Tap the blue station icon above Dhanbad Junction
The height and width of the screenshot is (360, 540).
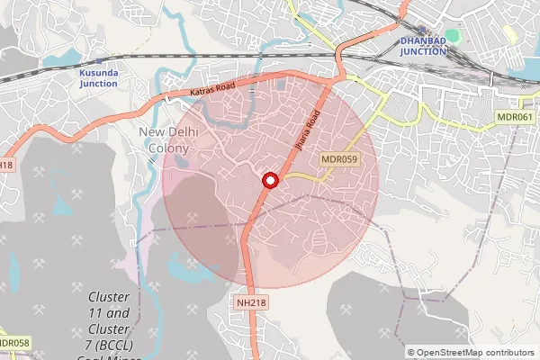[x=422, y=30]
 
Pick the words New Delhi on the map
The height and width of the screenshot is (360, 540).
[x=166, y=132]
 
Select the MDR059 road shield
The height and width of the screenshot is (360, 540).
[x=339, y=159]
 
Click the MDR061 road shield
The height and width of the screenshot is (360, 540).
[x=515, y=118]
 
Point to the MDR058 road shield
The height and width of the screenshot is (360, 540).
[x=14, y=342]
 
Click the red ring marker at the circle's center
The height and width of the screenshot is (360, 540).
[x=268, y=180]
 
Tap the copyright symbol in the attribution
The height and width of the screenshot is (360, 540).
[x=411, y=353]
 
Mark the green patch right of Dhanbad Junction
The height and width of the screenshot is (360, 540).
[x=452, y=36]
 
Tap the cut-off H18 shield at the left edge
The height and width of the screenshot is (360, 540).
[x=5, y=165]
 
